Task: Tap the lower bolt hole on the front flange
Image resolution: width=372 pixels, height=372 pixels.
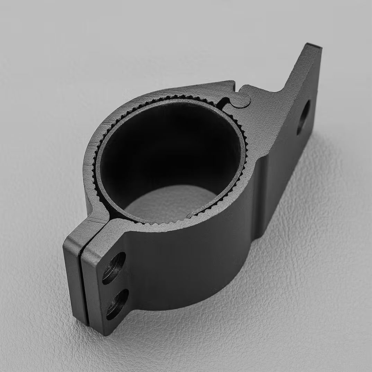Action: [117, 304]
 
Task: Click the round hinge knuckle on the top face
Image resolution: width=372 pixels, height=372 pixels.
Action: [241, 100]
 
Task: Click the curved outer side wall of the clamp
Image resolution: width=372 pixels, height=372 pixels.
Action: [194, 263]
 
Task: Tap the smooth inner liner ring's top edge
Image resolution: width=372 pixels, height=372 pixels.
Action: [166, 101]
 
